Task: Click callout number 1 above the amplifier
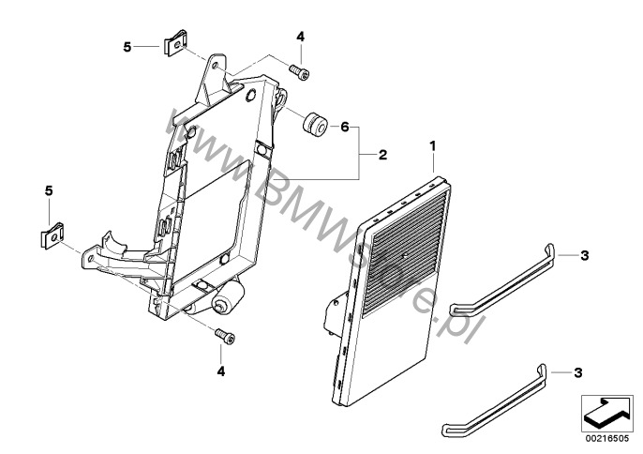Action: click(434, 146)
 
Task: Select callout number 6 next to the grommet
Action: click(344, 126)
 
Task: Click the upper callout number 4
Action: click(301, 37)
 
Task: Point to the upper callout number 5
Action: click(129, 44)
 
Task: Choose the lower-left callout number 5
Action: click(49, 190)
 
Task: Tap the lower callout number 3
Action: click(577, 372)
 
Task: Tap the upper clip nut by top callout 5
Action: click(173, 45)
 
